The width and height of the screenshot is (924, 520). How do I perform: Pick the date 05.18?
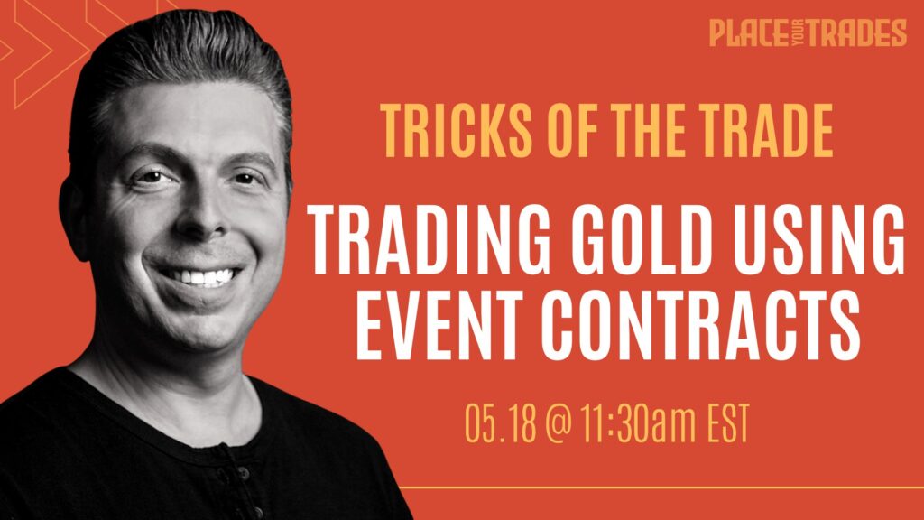[x=501, y=423]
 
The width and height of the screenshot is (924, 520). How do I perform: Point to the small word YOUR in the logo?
[x=797, y=32]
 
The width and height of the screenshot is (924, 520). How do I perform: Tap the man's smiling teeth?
[x=201, y=276]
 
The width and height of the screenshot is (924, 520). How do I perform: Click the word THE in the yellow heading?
[x=649, y=130]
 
